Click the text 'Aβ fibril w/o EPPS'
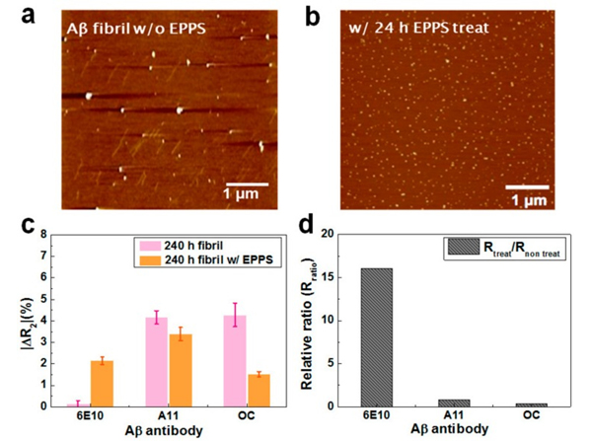coord(126,26)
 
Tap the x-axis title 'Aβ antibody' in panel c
coord(167,430)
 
